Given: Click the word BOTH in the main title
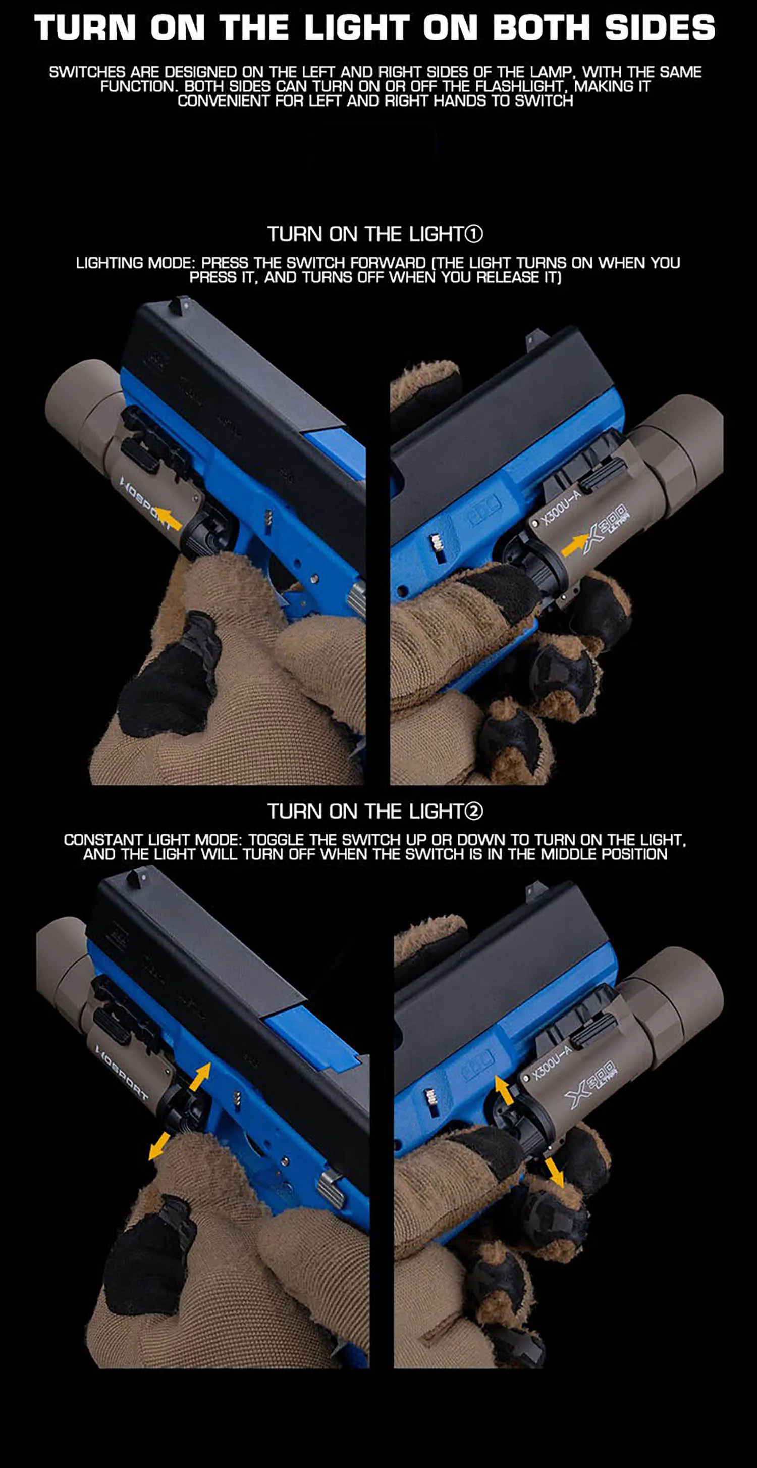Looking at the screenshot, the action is point(540,27).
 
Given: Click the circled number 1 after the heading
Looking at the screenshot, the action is point(474,234).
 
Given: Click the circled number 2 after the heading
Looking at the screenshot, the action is point(474,811).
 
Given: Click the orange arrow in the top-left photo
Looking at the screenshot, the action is point(169,518).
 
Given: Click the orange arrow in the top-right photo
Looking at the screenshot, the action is point(575,545).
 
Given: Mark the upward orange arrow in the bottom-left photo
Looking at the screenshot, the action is point(200,1077).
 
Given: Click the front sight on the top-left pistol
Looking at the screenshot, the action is point(183,302).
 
